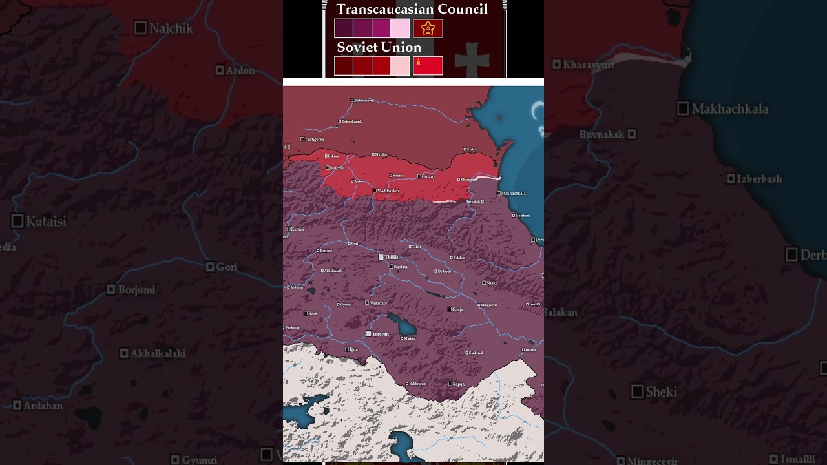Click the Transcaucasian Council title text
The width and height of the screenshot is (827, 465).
click(412, 9)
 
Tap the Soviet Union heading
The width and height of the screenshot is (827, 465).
click(379, 47)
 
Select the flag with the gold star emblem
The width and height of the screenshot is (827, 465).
click(428, 28)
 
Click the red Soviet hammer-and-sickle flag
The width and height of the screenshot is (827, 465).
click(428, 65)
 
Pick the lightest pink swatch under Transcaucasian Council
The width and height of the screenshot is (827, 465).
click(400, 28)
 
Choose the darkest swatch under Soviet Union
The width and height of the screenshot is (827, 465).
click(343, 65)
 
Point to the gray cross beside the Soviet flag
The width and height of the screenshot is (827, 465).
click(472, 61)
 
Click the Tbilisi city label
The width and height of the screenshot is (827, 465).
click(392, 257)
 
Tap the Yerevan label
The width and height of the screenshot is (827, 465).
click(381, 334)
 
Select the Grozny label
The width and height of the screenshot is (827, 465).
click(428, 176)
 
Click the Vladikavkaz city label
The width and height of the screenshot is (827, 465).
click(389, 191)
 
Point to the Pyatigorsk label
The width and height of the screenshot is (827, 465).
click(315, 139)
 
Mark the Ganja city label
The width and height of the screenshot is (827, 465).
click(457, 309)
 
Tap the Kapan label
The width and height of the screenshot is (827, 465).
click(458, 384)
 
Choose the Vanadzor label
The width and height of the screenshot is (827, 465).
click(379, 303)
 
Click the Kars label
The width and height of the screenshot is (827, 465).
click(313, 313)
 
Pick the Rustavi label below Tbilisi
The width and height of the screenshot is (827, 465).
click(401, 267)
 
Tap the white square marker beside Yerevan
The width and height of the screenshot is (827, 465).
click(368, 334)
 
